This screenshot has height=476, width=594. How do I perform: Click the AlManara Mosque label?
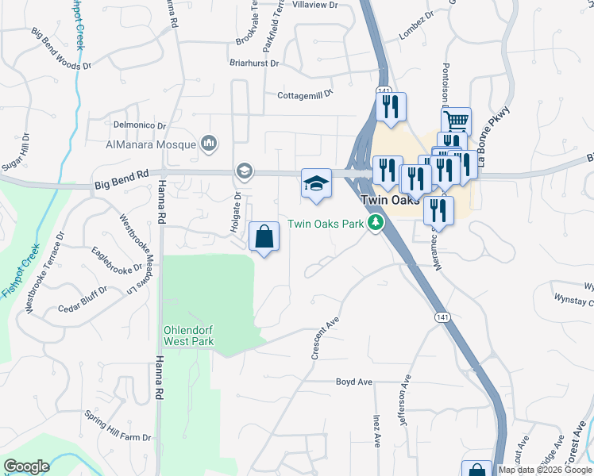[151, 144]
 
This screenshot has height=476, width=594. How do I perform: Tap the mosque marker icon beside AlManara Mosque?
[210, 144]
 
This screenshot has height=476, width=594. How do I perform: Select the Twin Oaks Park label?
[326, 224]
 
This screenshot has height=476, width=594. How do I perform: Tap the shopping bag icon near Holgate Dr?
[264, 237]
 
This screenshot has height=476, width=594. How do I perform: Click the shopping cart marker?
[456, 122]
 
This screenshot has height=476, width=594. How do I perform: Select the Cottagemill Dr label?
[303, 96]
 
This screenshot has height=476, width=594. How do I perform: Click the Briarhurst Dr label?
[254, 63]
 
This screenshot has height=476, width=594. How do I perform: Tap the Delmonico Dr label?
[139, 125]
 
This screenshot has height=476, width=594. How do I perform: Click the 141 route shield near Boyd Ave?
[442, 317]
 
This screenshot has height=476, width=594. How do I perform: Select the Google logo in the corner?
[26, 466]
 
